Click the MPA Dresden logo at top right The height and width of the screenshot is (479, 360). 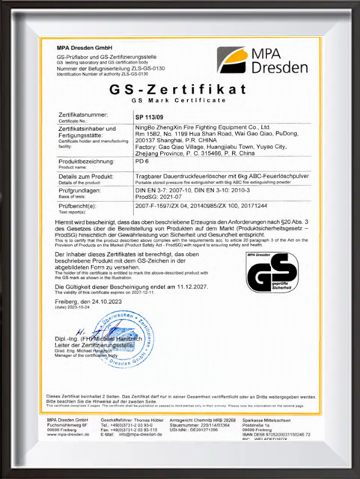click(262, 59)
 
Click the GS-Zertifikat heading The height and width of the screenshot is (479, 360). click(178, 91)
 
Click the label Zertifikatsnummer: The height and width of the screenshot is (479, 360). click(85, 115)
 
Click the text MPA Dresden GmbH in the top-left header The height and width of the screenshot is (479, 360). click(81, 47)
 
